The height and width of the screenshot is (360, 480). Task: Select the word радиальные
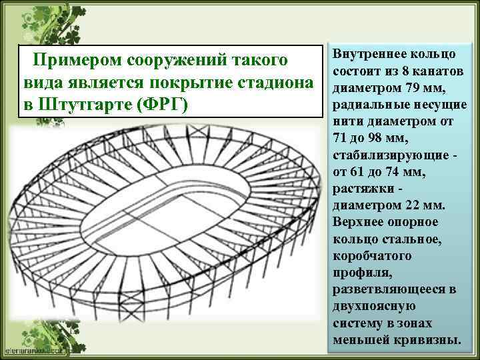click(365, 105)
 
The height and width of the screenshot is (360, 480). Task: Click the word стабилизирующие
click(387, 155)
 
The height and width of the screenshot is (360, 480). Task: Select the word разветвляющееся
click(389, 289)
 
